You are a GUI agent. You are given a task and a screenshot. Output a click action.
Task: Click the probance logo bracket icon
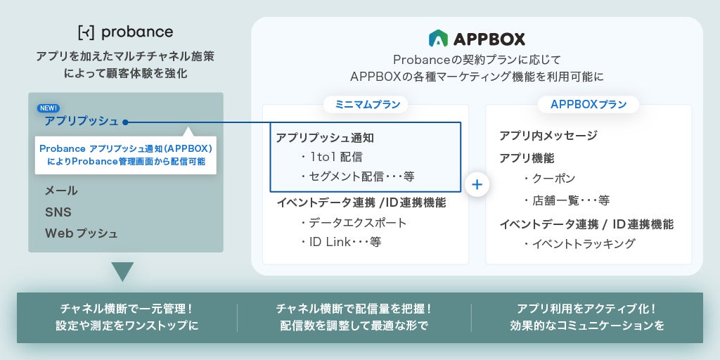click(86, 32)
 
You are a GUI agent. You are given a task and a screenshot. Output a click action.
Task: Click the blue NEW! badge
click(49, 108)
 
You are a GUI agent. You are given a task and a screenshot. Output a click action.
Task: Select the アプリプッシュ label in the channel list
click(82, 121)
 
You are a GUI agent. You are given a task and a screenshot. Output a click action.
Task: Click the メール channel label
click(61, 191)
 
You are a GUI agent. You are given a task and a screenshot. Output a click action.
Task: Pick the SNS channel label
click(58, 212)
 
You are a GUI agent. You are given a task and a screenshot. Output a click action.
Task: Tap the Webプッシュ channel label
click(82, 233)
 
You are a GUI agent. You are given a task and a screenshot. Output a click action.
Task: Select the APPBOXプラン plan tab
click(589, 105)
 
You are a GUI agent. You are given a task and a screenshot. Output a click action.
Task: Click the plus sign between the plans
click(477, 184)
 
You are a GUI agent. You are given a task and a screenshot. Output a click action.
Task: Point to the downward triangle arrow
click(122, 271)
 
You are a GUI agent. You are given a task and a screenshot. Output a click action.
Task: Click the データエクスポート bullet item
click(354, 223)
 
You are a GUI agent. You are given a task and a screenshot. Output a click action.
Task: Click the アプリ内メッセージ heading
click(548, 135)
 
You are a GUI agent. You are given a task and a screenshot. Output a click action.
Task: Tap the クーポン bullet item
click(550, 179)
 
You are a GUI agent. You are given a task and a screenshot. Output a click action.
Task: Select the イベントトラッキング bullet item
click(579, 244)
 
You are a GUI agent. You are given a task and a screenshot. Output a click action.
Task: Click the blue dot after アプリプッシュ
click(125, 122)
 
